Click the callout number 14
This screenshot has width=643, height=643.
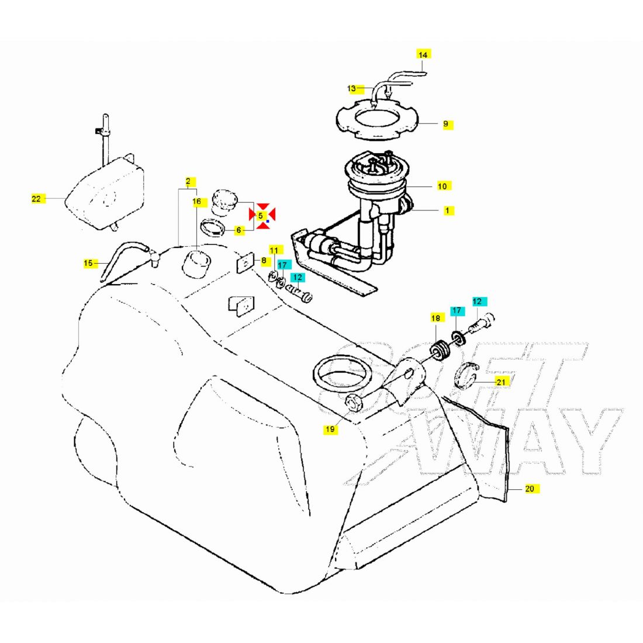pyautogui.click(x=423, y=54)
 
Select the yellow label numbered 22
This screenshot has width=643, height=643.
pyautogui.click(x=36, y=199)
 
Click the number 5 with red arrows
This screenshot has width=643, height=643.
pyautogui.click(x=261, y=215)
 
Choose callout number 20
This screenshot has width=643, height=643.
pyautogui.click(x=530, y=489)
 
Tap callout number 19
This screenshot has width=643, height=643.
pyautogui.click(x=330, y=430)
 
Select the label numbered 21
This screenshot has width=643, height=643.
pyautogui.click(x=501, y=382)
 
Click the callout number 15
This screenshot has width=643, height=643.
pyautogui.click(x=89, y=263)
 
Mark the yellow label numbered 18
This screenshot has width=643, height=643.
pyautogui.click(x=435, y=318)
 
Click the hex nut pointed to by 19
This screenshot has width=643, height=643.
pyautogui.click(x=354, y=402)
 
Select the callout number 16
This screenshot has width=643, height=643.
pyautogui.click(x=197, y=202)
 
